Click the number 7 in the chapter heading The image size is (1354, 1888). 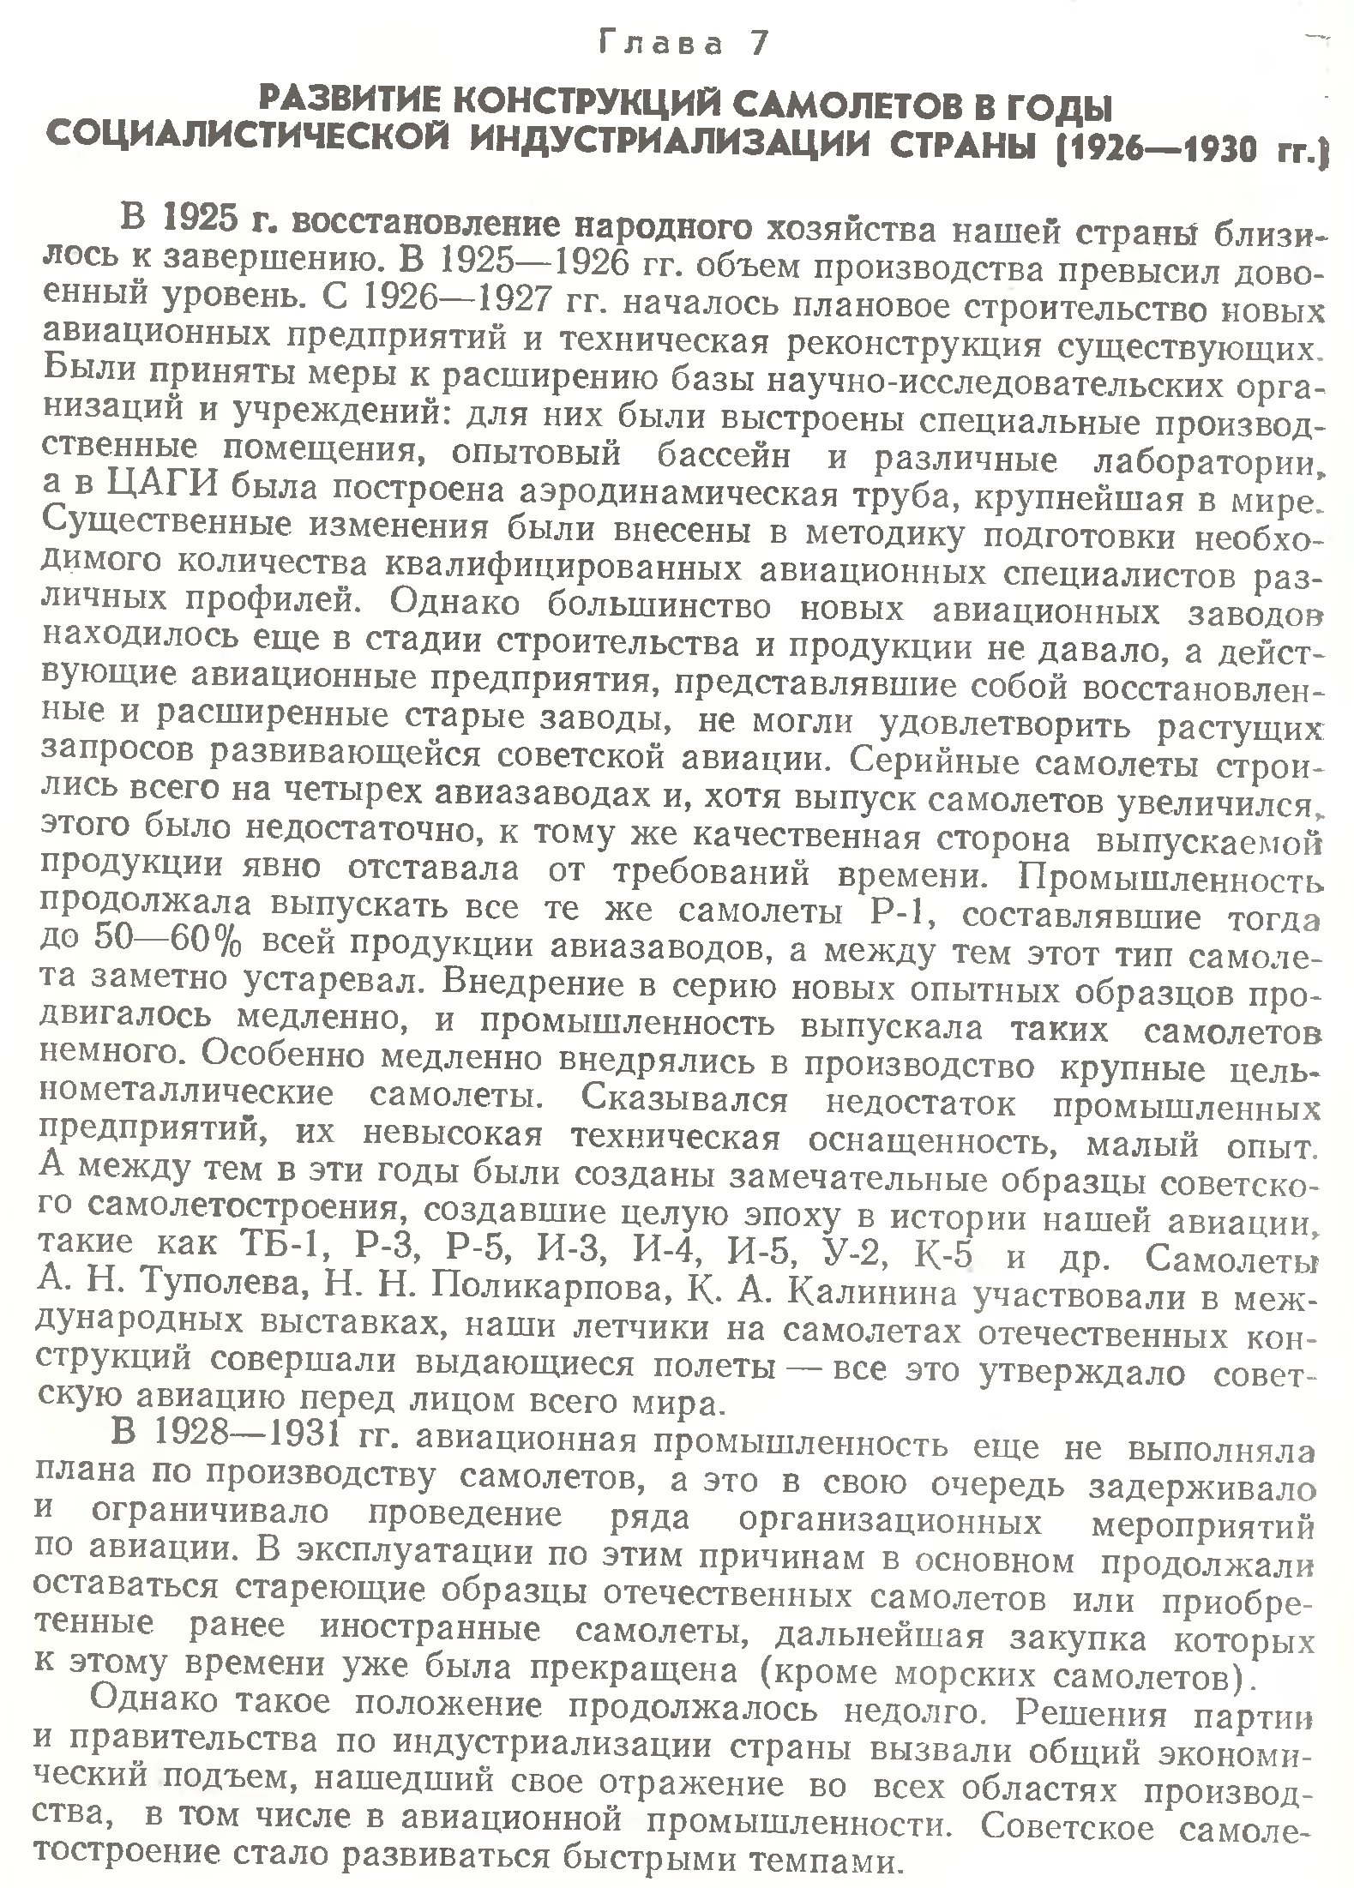pos(760,44)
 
